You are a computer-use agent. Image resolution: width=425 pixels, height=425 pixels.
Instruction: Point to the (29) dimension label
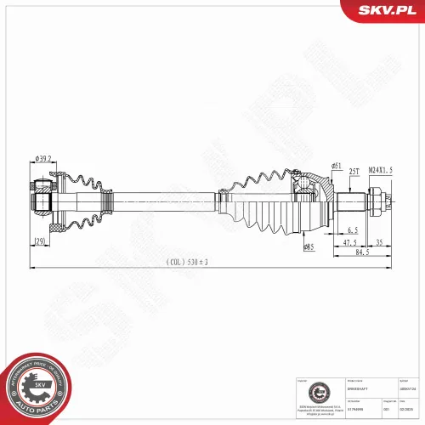pyautogui.click(x=40, y=243)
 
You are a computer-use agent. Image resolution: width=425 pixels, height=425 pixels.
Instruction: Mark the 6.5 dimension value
pyautogui.click(x=352, y=230)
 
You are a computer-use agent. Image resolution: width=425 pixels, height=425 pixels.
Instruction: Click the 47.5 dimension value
pyautogui.click(x=350, y=241)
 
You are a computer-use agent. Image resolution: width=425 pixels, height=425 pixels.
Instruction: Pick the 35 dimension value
pyautogui.click(x=380, y=241)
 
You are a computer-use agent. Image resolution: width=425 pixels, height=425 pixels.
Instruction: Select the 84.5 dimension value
pyautogui.click(x=361, y=252)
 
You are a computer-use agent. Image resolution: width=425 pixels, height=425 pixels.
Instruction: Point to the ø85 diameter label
pyautogui.click(x=309, y=246)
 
